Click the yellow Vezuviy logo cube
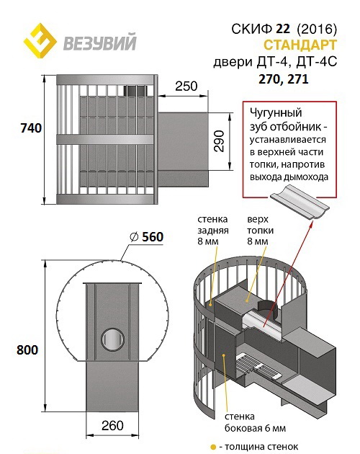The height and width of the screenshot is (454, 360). [40, 41]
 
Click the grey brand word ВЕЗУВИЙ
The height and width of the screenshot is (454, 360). [99, 43]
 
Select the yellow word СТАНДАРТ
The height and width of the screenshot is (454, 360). [300, 45]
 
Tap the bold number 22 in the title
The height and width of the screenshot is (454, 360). [283, 29]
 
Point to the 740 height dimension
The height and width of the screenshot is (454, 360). [31, 128]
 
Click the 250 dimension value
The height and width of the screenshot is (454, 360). [186, 86]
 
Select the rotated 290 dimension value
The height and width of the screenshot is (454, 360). [220, 141]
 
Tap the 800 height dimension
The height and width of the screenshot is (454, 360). [27, 350]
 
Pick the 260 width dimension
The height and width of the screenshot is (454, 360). [112, 426]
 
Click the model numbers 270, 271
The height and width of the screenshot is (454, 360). [284, 79]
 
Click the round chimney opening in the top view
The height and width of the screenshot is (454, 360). [112, 339]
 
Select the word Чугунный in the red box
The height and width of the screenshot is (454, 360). [276, 113]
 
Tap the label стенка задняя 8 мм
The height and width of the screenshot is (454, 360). [212, 230]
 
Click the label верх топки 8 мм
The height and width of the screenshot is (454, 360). [260, 230]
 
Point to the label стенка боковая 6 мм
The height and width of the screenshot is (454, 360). [255, 422]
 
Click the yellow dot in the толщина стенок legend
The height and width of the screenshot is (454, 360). [214, 447]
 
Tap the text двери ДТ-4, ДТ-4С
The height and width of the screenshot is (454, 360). [275, 62]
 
